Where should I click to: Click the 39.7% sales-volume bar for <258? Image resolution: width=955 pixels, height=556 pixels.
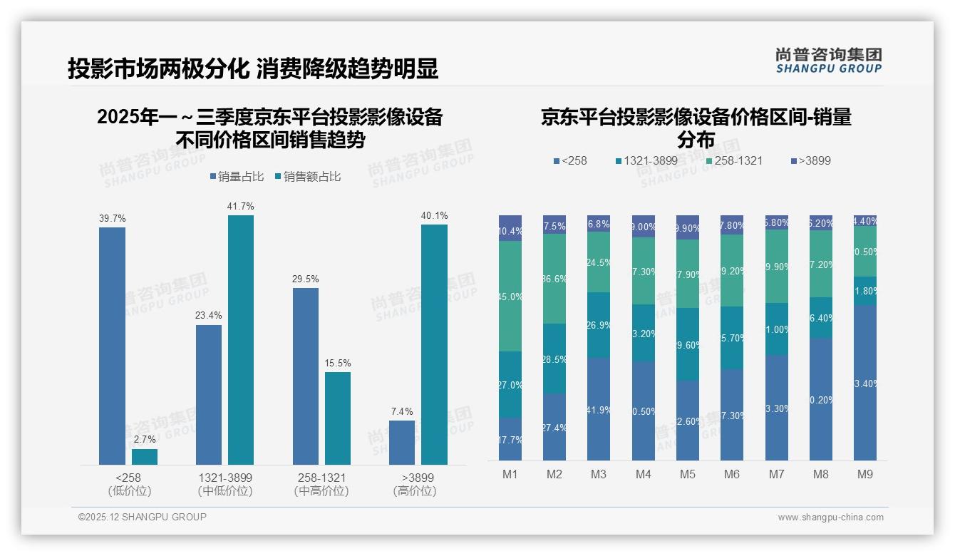click(x=112, y=346)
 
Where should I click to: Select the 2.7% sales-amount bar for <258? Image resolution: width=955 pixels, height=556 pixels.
click(x=145, y=457)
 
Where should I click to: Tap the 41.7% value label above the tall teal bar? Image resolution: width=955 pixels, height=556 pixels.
click(x=241, y=206)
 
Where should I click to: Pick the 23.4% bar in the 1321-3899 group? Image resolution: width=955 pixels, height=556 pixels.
click(x=209, y=395)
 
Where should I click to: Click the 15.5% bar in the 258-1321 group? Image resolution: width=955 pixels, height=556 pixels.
click(x=338, y=418)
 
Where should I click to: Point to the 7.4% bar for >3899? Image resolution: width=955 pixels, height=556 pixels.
click(x=402, y=442)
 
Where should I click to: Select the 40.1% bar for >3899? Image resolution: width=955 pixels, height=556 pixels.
click(x=434, y=344)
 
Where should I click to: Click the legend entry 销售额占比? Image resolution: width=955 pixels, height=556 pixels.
click(x=311, y=177)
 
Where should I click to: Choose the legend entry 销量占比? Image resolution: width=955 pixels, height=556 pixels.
click(x=239, y=177)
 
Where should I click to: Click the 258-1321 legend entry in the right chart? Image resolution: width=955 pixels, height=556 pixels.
click(x=733, y=160)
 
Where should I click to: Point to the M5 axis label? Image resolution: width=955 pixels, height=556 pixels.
click(x=687, y=474)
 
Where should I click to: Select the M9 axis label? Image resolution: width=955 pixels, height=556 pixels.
click(x=864, y=474)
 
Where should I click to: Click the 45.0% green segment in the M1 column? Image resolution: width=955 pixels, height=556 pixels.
click(x=510, y=296)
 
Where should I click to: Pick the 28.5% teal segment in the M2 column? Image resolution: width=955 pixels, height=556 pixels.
click(x=554, y=359)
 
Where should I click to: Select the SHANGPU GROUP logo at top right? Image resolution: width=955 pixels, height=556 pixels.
click(x=829, y=61)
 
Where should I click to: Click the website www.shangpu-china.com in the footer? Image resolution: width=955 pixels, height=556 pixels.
click(x=830, y=518)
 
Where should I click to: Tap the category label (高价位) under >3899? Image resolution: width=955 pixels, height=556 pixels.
click(x=414, y=491)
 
